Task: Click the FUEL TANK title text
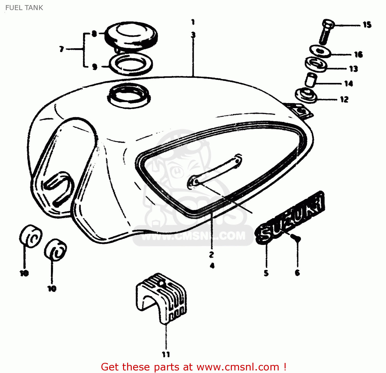[x=24, y=8]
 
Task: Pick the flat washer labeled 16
[x=320, y=51]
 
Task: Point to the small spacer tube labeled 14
[x=311, y=80]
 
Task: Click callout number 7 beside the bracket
[x=62, y=49]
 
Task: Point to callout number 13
[x=354, y=69]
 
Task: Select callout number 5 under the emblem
[x=266, y=273]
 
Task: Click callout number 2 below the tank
[x=211, y=255]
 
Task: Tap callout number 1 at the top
[x=193, y=22]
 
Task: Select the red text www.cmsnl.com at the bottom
[x=238, y=367]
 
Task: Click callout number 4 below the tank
[x=212, y=266]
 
